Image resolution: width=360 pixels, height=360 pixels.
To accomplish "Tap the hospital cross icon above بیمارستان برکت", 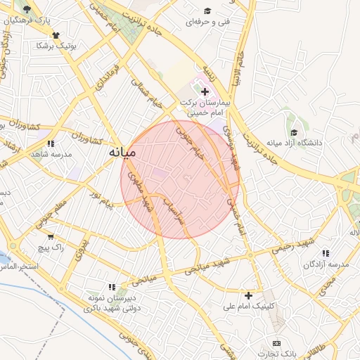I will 205,92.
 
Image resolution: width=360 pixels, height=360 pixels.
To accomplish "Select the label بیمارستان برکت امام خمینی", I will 210,108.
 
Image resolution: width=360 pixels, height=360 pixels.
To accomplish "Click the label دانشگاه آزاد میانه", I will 294,143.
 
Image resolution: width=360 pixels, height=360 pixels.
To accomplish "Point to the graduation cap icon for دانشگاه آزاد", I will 294,132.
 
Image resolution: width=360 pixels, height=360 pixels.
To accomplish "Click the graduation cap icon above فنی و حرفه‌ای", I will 207,11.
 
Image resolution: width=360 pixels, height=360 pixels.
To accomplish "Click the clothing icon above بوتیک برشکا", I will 56,34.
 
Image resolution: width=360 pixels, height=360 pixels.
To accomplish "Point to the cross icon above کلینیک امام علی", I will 248,295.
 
